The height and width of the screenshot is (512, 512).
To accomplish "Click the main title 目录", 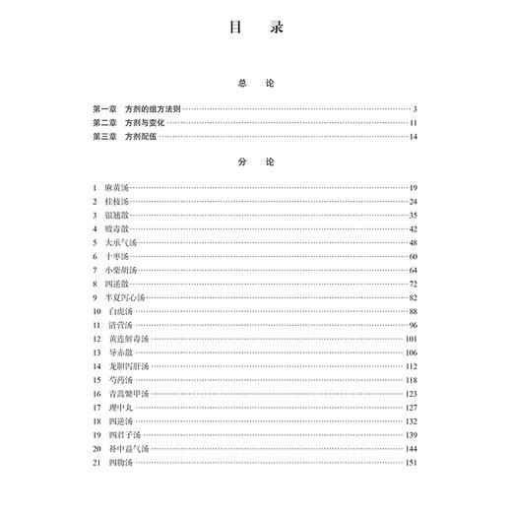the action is pyautogui.click(x=255, y=31).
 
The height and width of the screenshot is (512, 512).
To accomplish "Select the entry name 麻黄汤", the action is pyautogui.click(x=116, y=187).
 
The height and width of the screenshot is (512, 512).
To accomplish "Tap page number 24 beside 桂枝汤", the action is pyautogui.click(x=415, y=201).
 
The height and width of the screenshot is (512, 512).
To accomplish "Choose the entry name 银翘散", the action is pyautogui.click(x=116, y=215).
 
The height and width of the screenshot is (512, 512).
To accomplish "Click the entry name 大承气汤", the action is pyautogui.click(x=120, y=242).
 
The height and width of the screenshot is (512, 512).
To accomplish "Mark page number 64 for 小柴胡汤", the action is pyautogui.click(x=415, y=270).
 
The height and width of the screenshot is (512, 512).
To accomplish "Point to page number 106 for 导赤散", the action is pyautogui.click(x=413, y=352).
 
